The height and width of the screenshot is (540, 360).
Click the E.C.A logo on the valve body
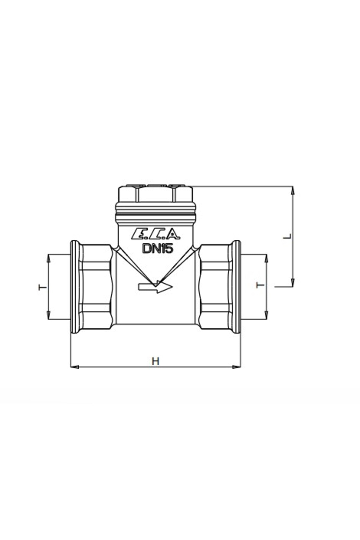click(x=156, y=234)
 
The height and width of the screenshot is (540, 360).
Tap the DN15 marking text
click(x=158, y=248)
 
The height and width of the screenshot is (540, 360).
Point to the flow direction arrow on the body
click(x=155, y=287)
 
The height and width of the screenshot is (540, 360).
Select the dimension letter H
click(x=155, y=361)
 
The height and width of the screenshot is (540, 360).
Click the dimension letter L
click(x=288, y=236)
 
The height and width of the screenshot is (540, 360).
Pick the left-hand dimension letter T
click(x=43, y=287)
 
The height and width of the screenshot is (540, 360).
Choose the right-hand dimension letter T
click(x=260, y=285)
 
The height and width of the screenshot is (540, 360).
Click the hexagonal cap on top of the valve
click(x=155, y=193)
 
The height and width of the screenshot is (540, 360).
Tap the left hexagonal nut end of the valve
click(x=95, y=287)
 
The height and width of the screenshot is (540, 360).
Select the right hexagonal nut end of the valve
click(x=215, y=287)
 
